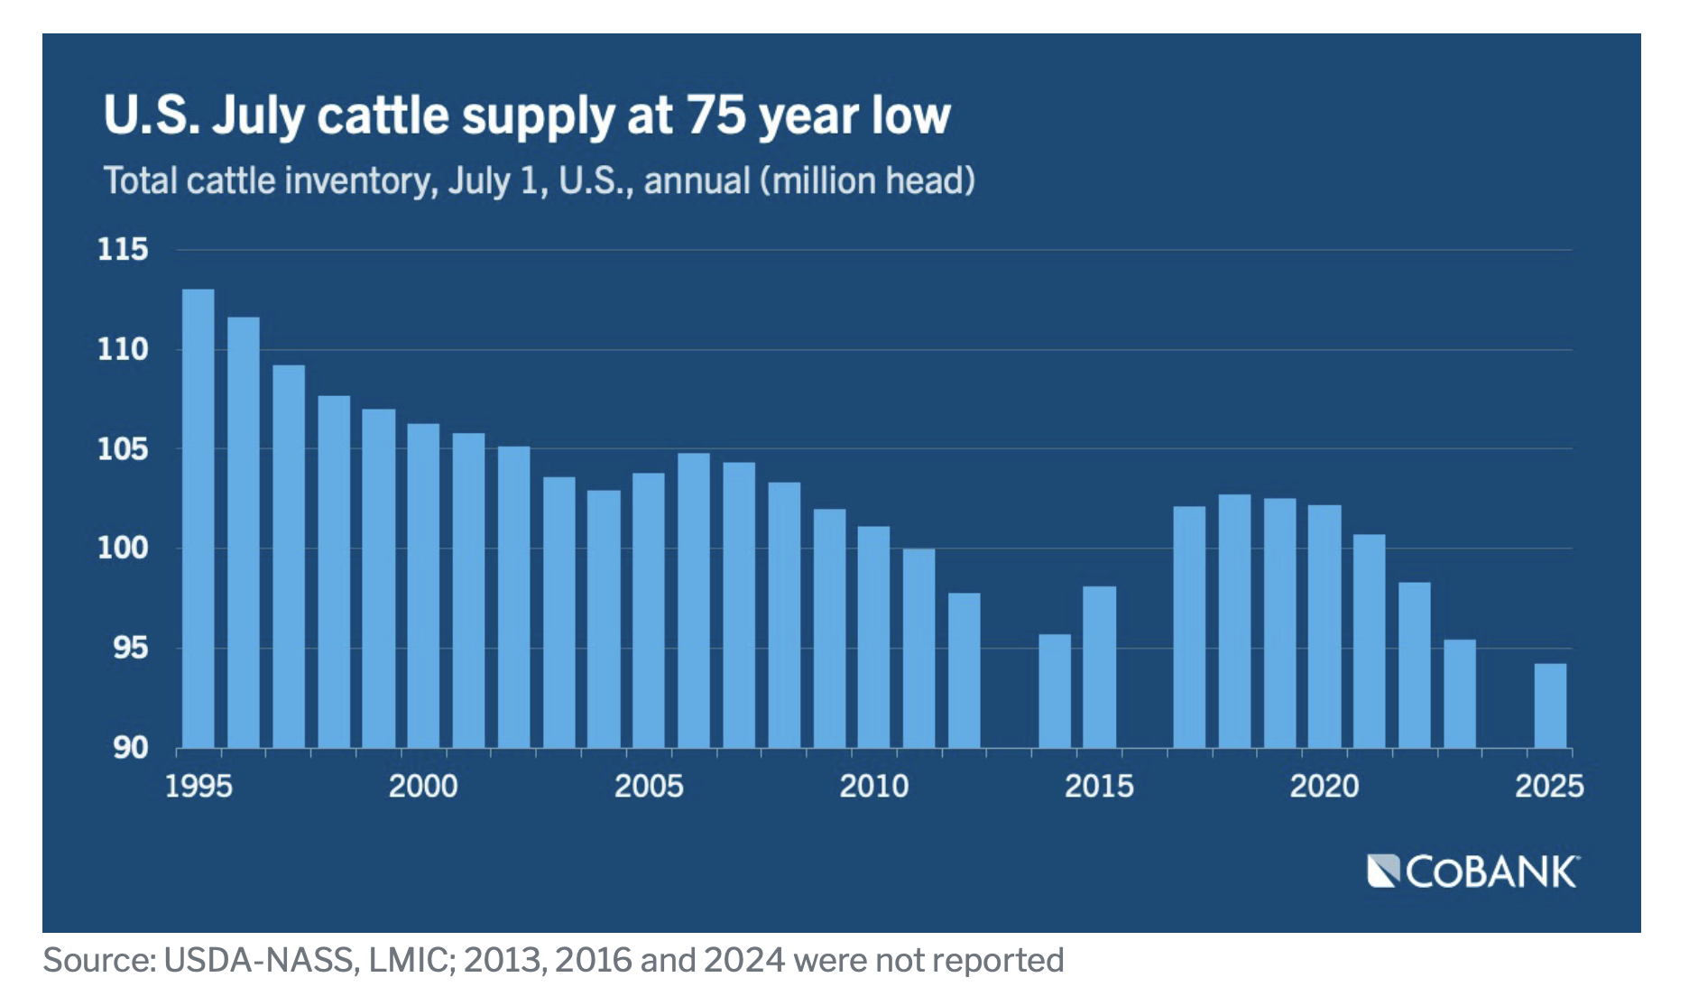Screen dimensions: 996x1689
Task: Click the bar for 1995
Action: (x=198, y=519)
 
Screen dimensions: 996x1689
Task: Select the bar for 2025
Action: (x=1550, y=705)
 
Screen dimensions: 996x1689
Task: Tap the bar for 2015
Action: (x=1099, y=667)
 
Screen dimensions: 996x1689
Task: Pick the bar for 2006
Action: (x=694, y=600)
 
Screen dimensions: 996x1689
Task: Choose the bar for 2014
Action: (x=1054, y=691)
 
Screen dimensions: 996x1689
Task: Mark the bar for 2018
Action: (x=1234, y=621)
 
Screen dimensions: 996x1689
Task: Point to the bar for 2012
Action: (x=964, y=670)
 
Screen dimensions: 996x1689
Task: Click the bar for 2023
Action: (x=1460, y=694)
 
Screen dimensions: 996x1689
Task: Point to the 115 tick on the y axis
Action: (x=123, y=250)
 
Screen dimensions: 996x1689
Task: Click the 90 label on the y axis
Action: (x=130, y=748)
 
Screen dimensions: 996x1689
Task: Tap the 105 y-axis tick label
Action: (x=123, y=448)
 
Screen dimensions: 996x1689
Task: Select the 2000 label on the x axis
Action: (x=423, y=787)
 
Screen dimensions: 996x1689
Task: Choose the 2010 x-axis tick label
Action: (x=873, y=787)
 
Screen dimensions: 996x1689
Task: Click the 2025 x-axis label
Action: (x=1549, y=787)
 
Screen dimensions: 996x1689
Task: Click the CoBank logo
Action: (x=1472, y=871)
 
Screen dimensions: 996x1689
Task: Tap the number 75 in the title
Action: (x=715, y=115)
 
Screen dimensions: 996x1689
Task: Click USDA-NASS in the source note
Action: (x=261, y=961)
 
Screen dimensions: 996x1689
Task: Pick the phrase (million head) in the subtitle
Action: (x=867, y=180)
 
